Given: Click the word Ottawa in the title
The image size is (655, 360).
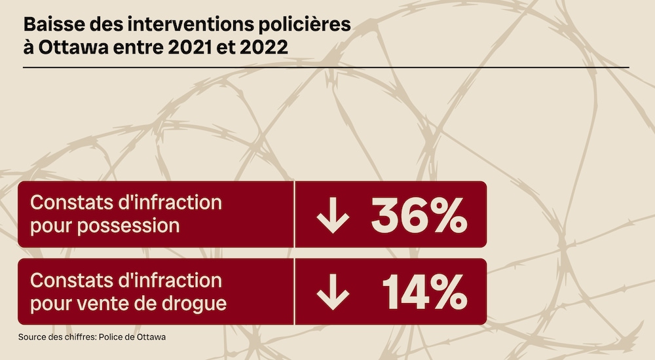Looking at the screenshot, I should (x=65, y=48).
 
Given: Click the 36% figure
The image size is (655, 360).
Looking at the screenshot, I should (x=419, y=215).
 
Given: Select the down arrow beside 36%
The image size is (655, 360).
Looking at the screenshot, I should (x=333, y=215).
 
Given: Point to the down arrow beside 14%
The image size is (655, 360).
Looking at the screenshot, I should (x=333, y=292).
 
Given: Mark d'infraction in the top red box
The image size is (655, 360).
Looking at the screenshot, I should (x=169, y=202).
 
